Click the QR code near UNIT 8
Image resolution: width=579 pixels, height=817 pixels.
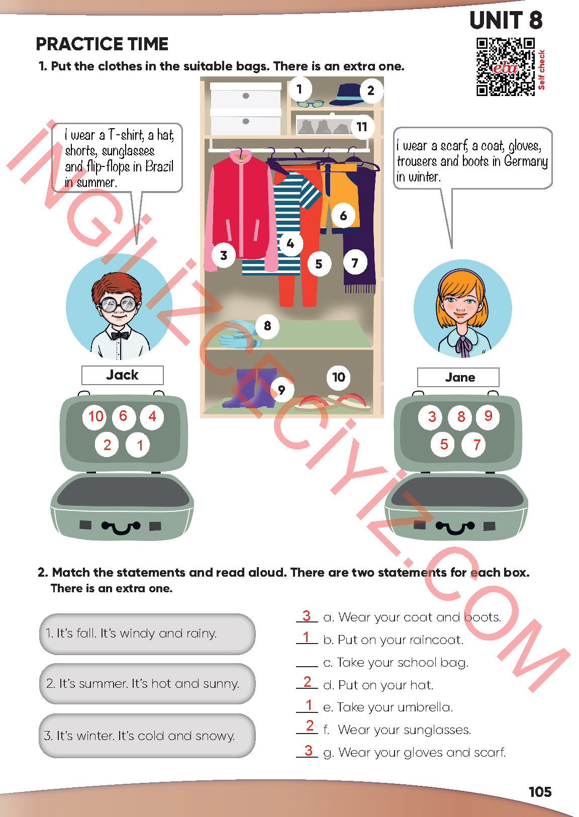coord(505,67)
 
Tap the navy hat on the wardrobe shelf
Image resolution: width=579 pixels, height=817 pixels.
coord(346,95)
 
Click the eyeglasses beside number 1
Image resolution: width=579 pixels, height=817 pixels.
coord(310,104)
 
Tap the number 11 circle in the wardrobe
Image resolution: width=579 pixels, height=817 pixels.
coord(362,127)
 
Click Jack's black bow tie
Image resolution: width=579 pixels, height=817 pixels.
coord(120,335)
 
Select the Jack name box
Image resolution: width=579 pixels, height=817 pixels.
coord(123,375)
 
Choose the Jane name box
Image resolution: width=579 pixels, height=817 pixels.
coord(458,377)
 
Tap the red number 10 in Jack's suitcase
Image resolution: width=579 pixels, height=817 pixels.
coord(95,416)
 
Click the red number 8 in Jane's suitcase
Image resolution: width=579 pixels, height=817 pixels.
coord(461,416)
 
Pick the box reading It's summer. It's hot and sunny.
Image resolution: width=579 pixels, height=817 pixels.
coord(147,683)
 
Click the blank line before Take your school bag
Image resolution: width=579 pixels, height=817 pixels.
coord(307,666)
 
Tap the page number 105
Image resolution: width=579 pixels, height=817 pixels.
coord(540,792)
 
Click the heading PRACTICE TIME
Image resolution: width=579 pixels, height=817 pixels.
coord(102,44)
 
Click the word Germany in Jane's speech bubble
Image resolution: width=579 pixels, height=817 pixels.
coord(526,161)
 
